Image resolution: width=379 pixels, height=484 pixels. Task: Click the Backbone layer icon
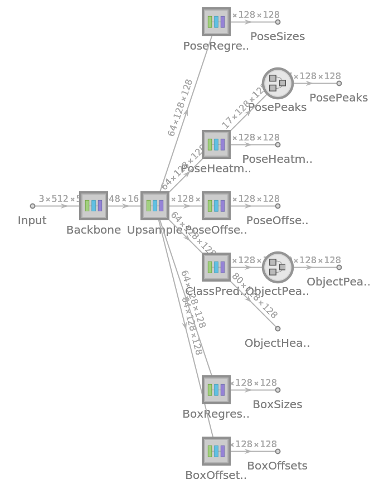coord(94,206)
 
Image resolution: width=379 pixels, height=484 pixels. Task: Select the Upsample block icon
coord(155,206)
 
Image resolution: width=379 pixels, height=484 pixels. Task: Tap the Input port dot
coord(32,206)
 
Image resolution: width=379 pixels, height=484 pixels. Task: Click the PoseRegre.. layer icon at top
coord(216,22)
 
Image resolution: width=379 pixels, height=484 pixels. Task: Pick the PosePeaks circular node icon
coord(278,83)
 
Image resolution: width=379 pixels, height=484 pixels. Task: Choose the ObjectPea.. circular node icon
coord(278,267)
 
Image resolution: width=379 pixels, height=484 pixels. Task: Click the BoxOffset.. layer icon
coord(216,451)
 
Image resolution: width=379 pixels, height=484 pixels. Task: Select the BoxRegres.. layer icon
coord(216,390)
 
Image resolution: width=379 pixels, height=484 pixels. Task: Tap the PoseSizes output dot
coord(278,22)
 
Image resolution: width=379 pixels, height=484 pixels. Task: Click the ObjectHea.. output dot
coord(278,328)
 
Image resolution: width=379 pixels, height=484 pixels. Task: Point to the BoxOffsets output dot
coord(278,451)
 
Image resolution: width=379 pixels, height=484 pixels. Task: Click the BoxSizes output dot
coord(278,390)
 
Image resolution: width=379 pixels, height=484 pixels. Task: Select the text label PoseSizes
coord(278,37)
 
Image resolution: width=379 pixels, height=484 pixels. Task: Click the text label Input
coord(32,221)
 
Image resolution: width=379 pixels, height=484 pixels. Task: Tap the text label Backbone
coord(94,230)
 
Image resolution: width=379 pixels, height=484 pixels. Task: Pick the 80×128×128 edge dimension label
coord(254,296)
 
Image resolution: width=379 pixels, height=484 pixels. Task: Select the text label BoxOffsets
coord(277,466)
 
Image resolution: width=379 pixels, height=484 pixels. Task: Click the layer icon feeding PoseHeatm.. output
coord(216,144)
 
